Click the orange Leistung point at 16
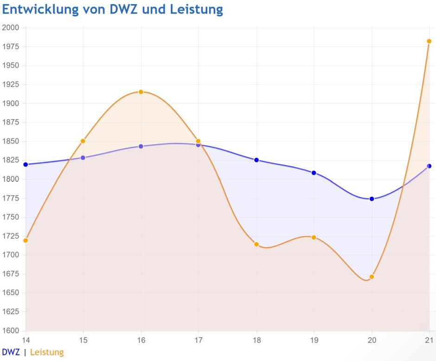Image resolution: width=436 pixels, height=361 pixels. [141, 92]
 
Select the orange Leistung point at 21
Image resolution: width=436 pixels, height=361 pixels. [429, 41]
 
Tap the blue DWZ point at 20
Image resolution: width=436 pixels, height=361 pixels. [372, 199]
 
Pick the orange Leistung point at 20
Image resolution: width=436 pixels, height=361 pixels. [372, 277]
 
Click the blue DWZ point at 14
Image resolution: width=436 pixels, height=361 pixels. [26, 164]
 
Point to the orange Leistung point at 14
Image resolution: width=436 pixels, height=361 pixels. [26, 240]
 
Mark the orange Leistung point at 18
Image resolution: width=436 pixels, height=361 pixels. [256, 244]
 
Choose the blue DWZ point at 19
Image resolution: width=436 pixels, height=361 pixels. [314, 173]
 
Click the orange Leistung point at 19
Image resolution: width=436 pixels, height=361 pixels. [314, 237]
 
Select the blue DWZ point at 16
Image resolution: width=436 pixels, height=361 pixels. [141, 146]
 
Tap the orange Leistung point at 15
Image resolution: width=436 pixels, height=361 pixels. [83, 141]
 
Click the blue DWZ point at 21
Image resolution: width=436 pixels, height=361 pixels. [429, 166]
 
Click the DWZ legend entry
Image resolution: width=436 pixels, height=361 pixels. [11, 352]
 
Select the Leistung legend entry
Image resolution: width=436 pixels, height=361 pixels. [47, 352]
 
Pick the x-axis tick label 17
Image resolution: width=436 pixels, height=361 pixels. [199, 340]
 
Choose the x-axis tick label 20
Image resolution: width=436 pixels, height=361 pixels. [372, 340]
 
